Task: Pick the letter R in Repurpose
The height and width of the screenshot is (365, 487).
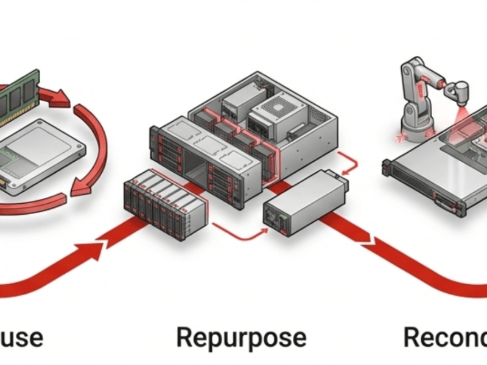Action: point(185,337)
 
